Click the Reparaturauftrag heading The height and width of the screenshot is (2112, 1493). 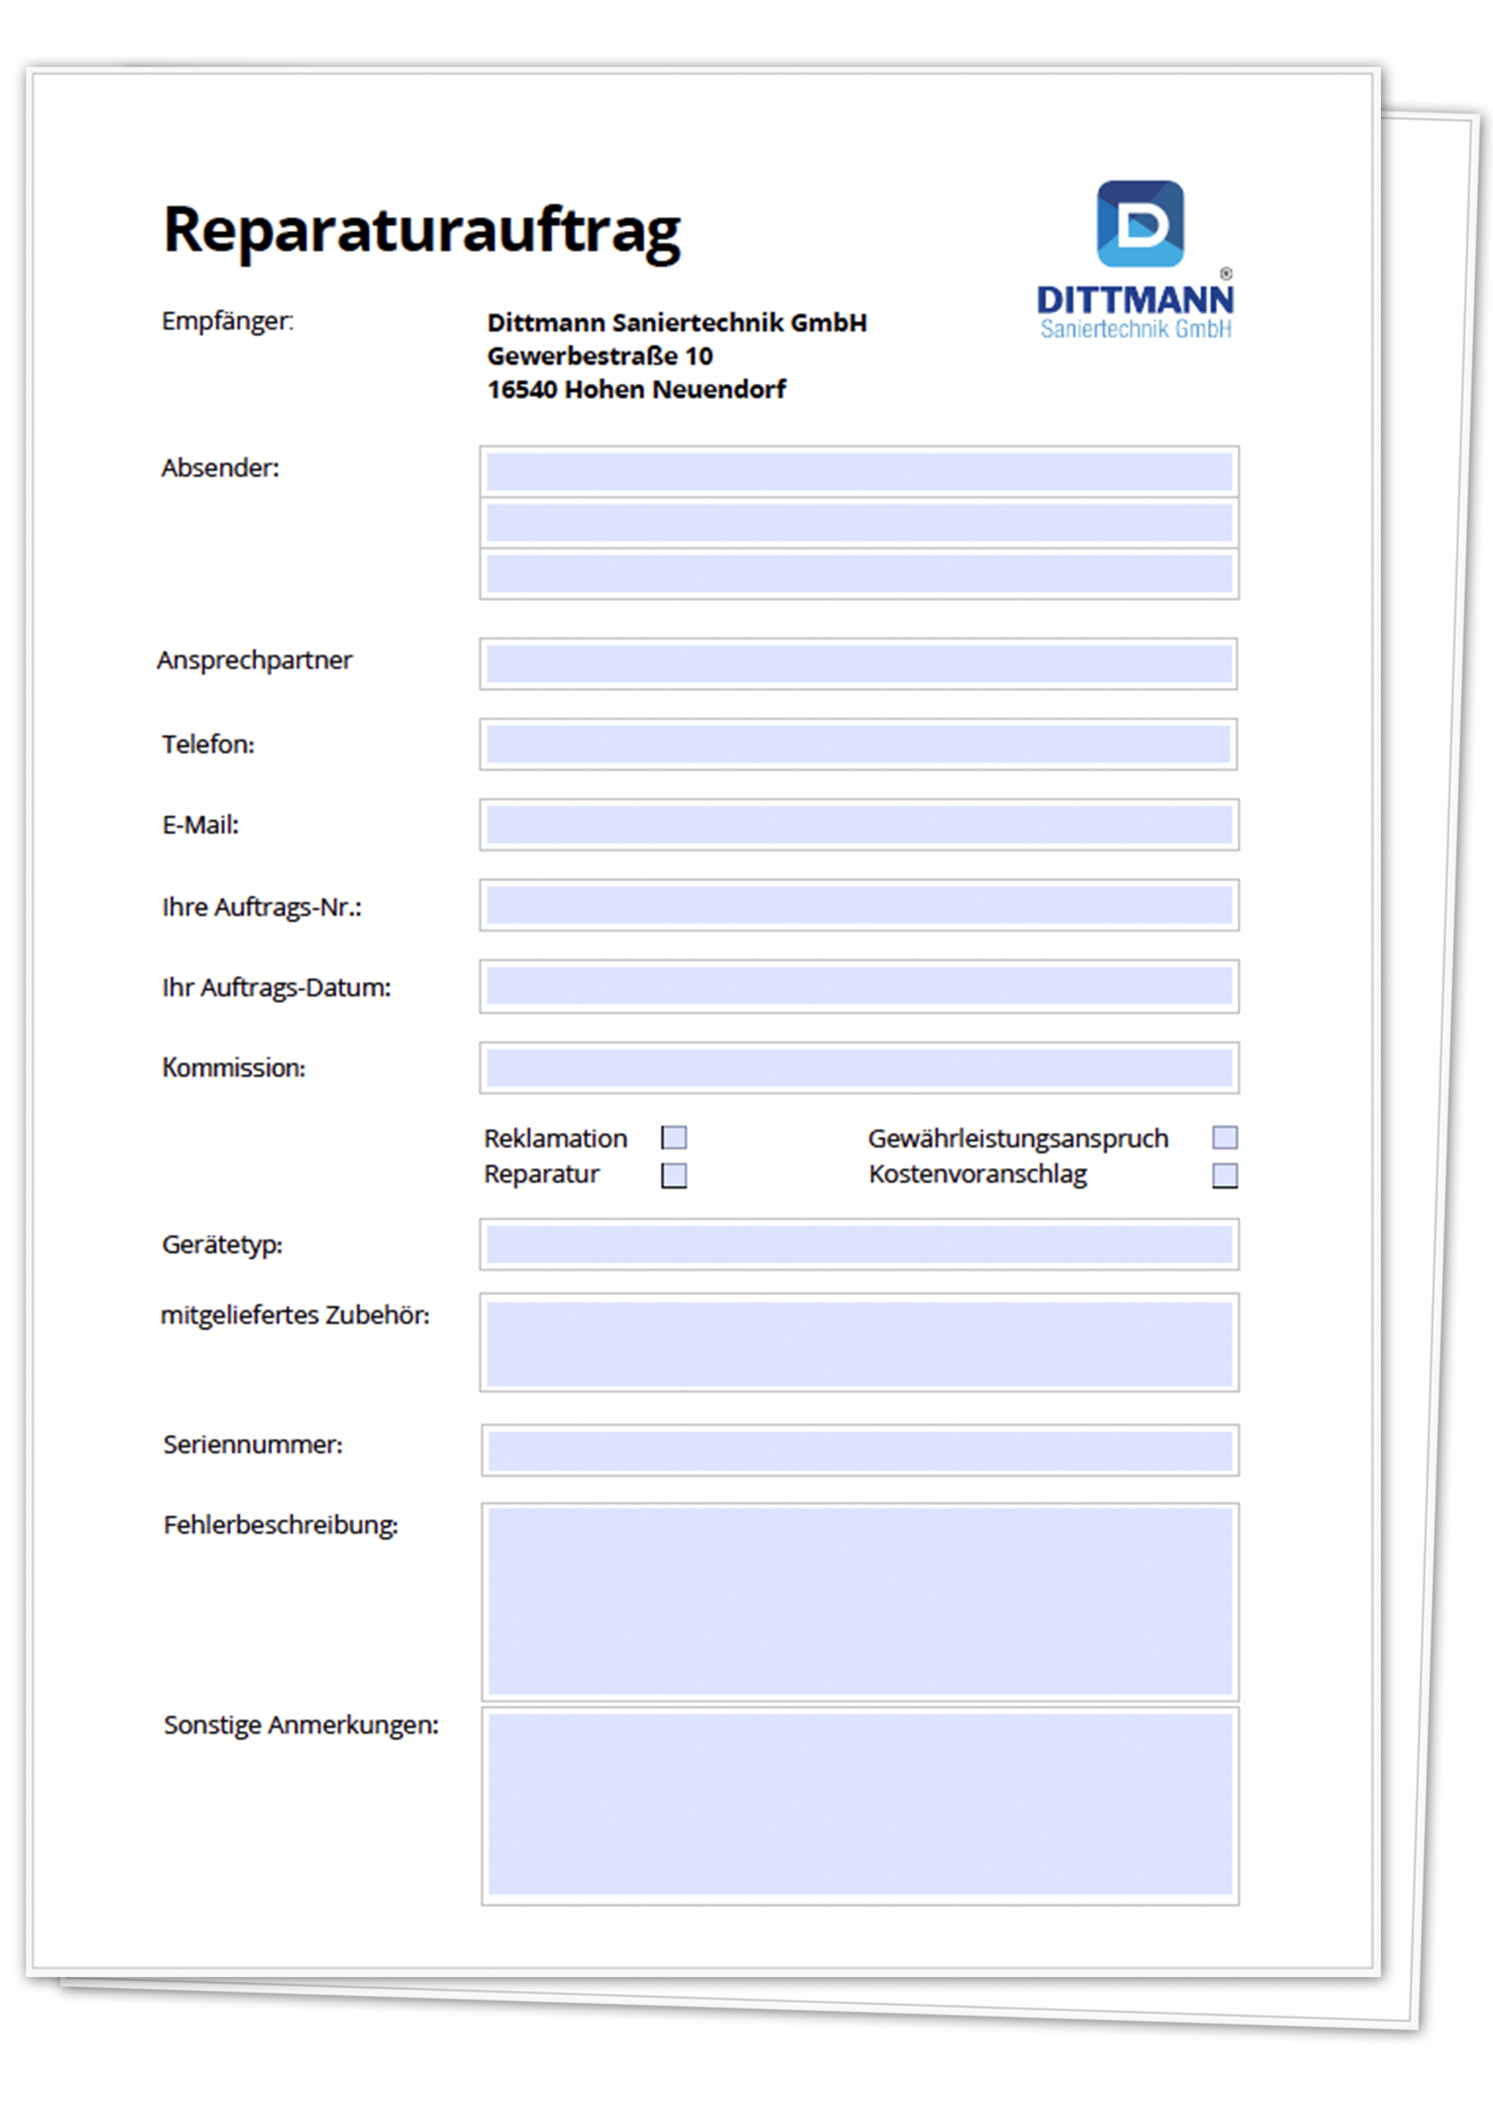(x=421, y=230)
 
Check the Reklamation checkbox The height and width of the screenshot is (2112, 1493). (x=674, y=1138)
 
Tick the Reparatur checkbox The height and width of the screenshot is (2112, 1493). (x=674, y=1176)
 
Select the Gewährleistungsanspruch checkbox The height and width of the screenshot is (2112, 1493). (x=1225, y=1138)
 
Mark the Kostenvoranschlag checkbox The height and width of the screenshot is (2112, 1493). (x=1225, y=1176)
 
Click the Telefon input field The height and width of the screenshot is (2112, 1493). (x=858, y=744)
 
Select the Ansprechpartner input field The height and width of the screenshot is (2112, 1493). (x=858, y=663)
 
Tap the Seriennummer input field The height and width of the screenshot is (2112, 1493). (x=859, y=1450)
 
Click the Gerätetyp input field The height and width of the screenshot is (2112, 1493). (x=858, y=1244)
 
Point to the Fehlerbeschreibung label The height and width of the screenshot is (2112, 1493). (x=281, y=1525)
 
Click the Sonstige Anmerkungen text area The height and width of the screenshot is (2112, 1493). (x=859, y=1805)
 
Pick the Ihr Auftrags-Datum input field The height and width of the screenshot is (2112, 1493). (x=858, y=986)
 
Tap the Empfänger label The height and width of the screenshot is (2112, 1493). (x=227, y=321)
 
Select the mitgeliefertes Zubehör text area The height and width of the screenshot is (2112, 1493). (x=858, y=1343)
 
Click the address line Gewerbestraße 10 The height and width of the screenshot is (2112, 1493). (x=600, y=356)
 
